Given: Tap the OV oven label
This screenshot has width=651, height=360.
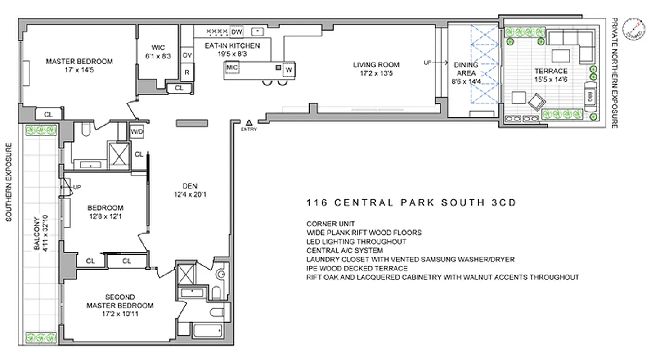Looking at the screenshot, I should pyautogui.click(x=187, y=55).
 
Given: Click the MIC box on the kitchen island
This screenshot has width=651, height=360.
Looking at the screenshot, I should pyautogui.click(x=232, y=67).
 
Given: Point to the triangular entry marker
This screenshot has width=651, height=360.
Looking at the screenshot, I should pyautogui.click(x=248, y=122).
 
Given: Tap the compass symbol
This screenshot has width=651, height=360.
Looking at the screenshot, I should pyautogui.click(x=633, y=29).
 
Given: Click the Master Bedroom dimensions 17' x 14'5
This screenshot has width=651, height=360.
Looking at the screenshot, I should pyautogui.click(x=79, y=70).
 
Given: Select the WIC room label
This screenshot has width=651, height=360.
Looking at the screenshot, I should pyautogui.click(x=158, y=48).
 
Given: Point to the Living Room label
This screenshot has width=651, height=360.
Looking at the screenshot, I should pyautogui.click(x=376, y=64).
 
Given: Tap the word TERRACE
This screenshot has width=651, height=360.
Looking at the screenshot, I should pyautogui.click(x=551, y=71).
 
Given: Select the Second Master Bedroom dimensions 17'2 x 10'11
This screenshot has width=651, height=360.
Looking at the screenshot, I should pyautogui.click(x=120, y=314).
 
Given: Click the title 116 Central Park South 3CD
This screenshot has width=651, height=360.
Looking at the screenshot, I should pyautogui.click(x=411, y=202).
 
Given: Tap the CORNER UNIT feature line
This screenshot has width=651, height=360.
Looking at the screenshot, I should pyautogui.click(x=331, y=224).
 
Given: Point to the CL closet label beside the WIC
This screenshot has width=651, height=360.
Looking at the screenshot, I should pyautogui.click(x=179, y=88).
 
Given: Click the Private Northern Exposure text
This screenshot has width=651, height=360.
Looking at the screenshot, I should pyautogui.click(x=614, y=73).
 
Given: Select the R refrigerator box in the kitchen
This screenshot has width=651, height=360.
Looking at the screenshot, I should pyautogui.click(x=187, y=72).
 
